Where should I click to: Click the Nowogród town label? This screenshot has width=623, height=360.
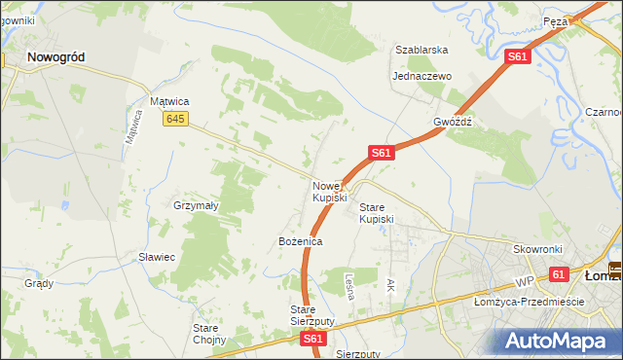click(55, 57)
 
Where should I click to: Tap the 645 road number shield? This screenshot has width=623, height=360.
click(175, 119)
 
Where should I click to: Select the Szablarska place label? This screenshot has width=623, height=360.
click(421, 50)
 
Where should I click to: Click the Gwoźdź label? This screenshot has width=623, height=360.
click(453, 123)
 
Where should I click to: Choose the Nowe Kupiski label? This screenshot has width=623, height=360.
click(329, 192)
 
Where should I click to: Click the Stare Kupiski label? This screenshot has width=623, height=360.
click(377, 213)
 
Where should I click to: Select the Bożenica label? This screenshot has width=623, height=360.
click(300, 240)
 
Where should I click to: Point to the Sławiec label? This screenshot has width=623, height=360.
click(156, 257)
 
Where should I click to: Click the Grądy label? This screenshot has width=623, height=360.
click(39, 284)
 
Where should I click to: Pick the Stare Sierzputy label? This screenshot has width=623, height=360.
click(312, 315)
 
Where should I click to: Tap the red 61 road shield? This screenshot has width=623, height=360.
click(558, 276)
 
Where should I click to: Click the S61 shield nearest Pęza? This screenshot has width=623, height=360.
click(517, 58)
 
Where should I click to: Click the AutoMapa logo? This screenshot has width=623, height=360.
click(559, 342)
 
